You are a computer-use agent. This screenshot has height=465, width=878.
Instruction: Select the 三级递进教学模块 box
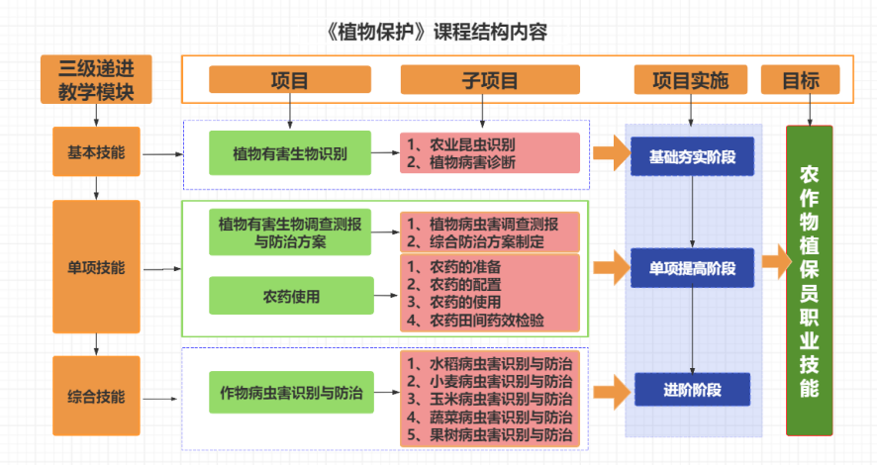coord(96,80)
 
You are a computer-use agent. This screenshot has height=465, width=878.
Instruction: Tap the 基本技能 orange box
coord(96,154)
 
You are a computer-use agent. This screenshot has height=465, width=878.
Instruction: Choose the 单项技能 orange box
coord(96,267)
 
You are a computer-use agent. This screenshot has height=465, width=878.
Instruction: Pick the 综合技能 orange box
coord(96,398)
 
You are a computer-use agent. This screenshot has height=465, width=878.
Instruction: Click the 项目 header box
coord(289,80)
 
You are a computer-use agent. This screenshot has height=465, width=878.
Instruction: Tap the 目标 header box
coord(800,80)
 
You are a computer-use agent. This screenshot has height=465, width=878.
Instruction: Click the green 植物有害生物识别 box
coord(289,153)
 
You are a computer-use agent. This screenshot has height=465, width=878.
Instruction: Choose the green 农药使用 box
coord(291,295)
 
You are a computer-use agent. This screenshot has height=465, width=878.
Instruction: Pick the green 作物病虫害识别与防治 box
coord(291,394)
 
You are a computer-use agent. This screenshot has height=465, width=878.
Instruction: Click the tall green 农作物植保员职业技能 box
coord(809,280)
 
